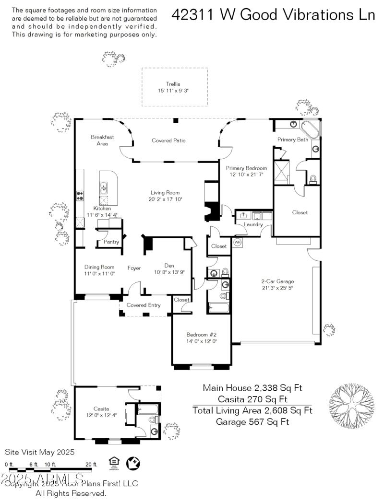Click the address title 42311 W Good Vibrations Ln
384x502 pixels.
click(x=273, y=15)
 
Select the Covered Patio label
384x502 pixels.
click(x=168, y=140)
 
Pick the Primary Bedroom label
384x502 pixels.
click(x=246, y=168)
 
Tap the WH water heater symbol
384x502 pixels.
click(x=237, y=243)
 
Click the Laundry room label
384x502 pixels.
click(x=253, y=224)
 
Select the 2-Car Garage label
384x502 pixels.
click(x=277, y=281)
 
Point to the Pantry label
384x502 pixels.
click(x=111, y=242)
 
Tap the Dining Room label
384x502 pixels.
click(x=99, y=267)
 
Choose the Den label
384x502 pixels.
click(x=169, y=266)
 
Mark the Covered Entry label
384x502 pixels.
click(x=143, y=305)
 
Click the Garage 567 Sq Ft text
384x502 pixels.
click(x=252, y=422)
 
